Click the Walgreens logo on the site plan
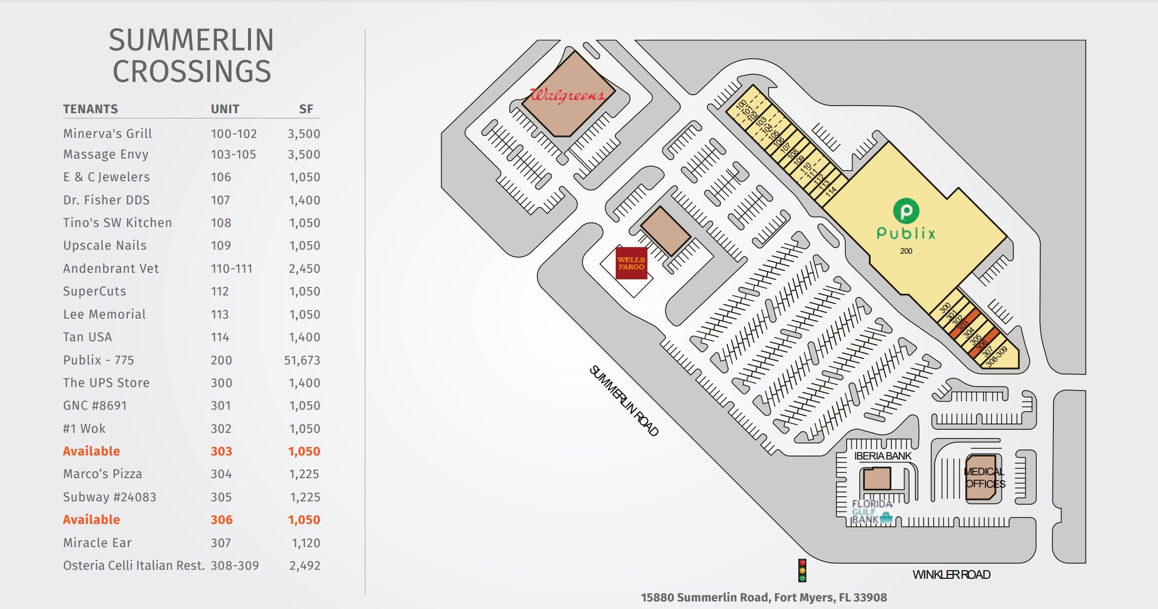(x=568, y=94)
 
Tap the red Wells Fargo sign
(x=631, y=263)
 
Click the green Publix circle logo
(x=906, y=211)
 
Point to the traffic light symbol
(x=802, y=571)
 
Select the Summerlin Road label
(x=624, y=401)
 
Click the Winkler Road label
(x=951, y=575)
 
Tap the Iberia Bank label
(x=883, y=456)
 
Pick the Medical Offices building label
(x=984, y=478)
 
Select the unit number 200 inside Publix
(x=906, y=251)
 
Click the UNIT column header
(x=225, y=109)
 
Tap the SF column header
(x=306, y=109)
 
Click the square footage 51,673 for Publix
(x=302, y=360)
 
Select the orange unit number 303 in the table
(x=221, y=451)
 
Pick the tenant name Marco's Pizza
(x=103, y=474)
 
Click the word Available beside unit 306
(x=92, y=520)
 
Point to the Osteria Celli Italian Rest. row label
(x=134, y=566)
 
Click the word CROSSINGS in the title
(x=192, y=71)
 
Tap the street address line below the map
(x=764, y=597)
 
